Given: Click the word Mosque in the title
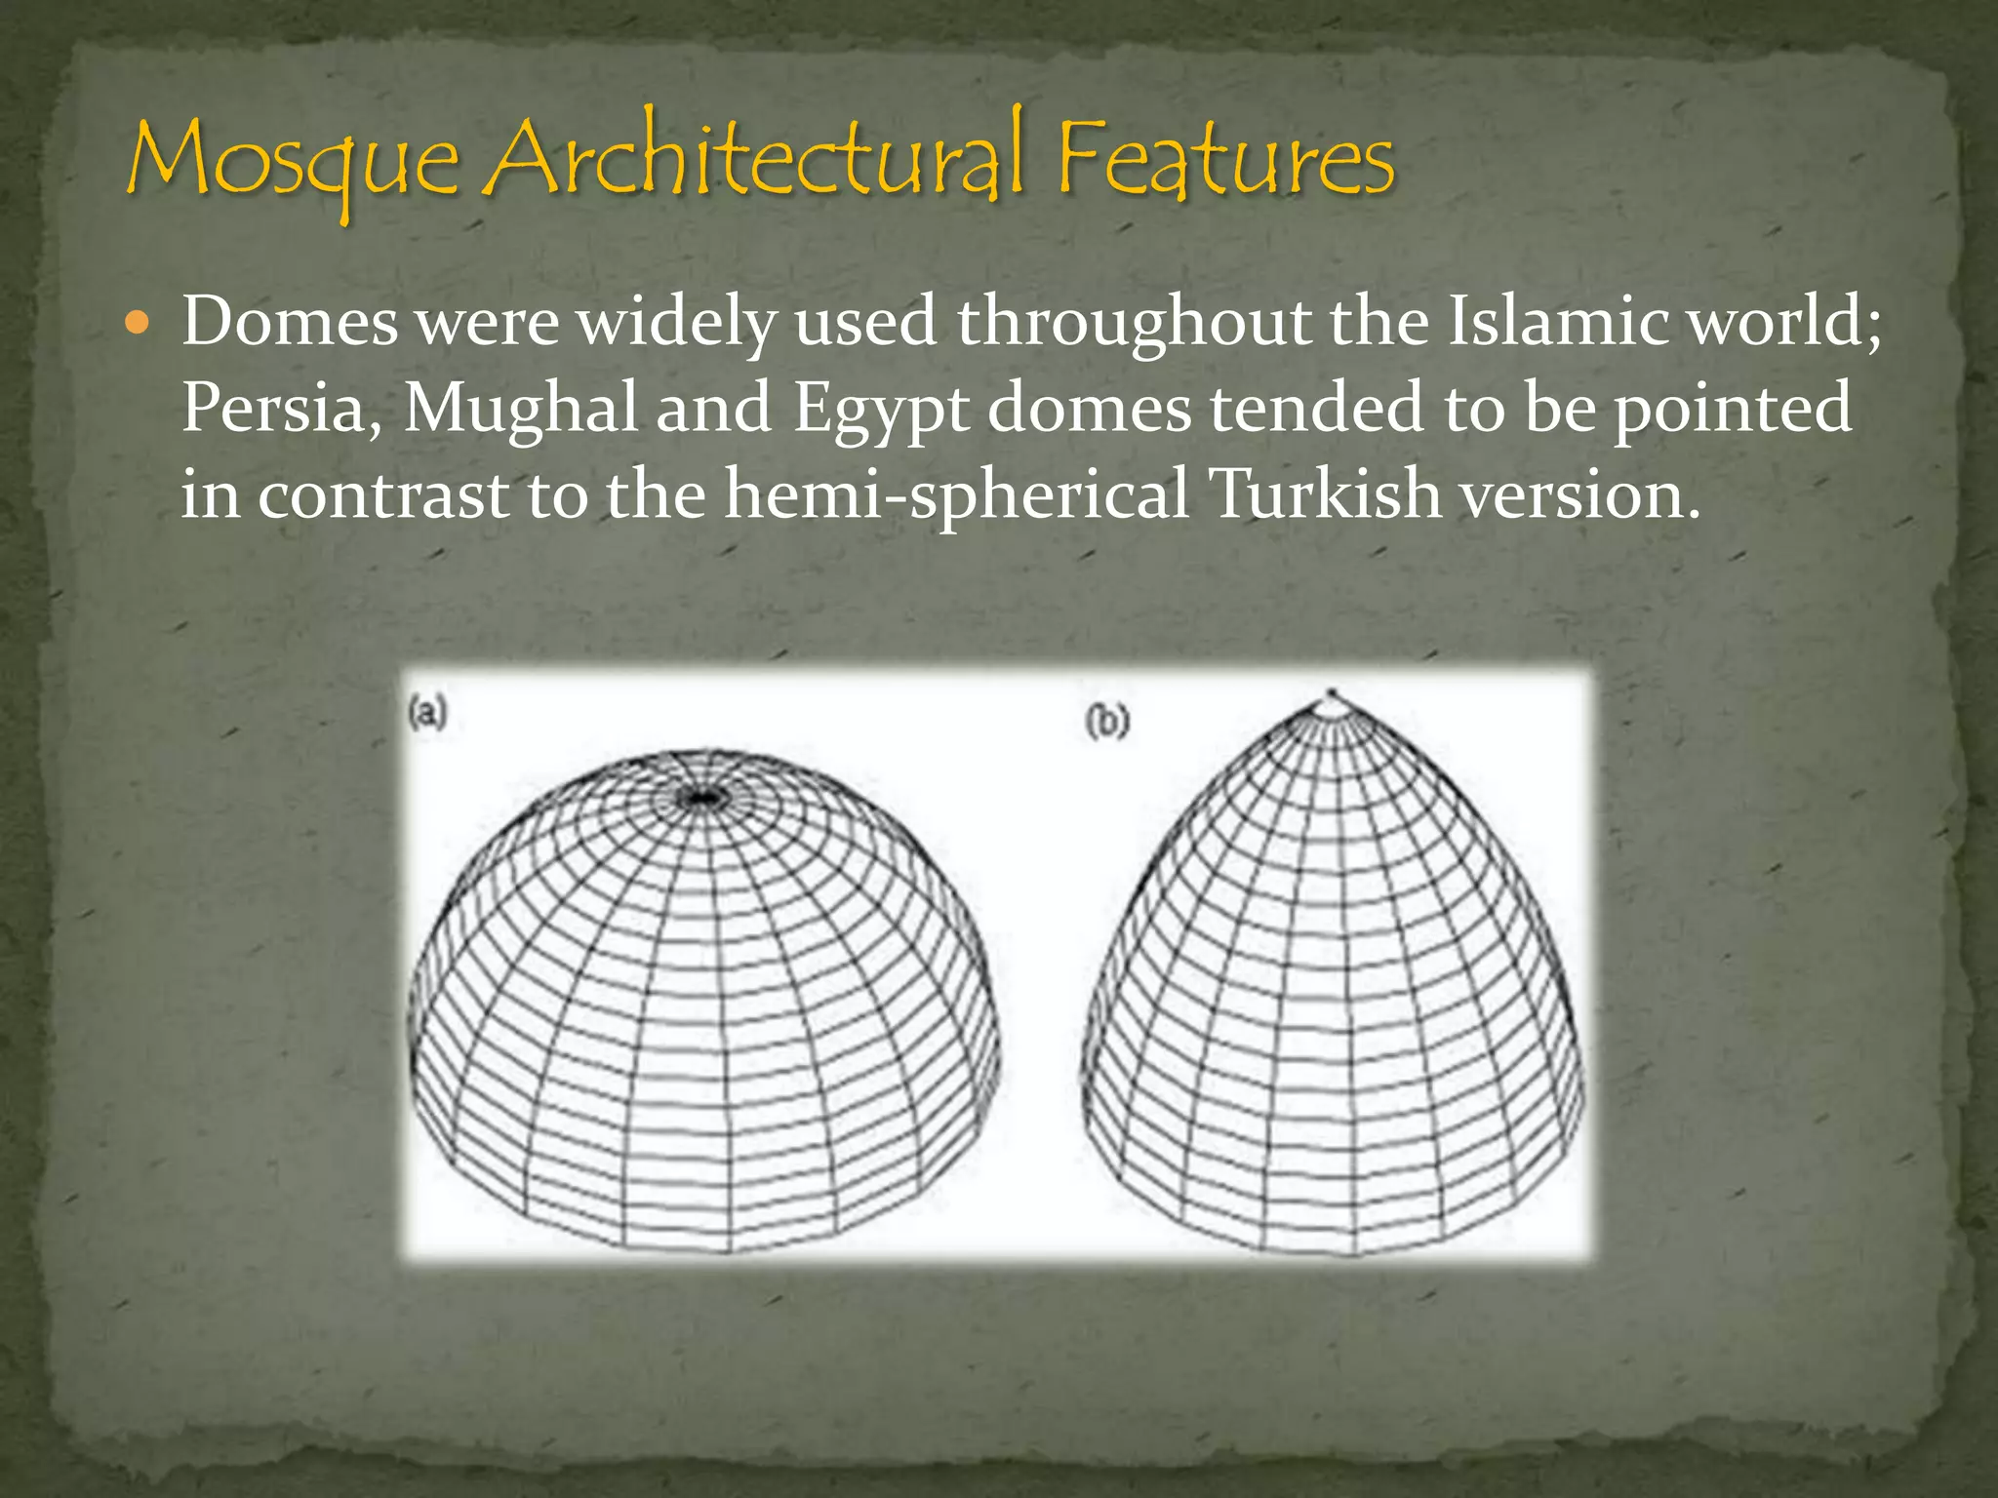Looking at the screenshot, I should tap(293, 161).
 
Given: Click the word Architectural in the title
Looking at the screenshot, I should tap(756, 156).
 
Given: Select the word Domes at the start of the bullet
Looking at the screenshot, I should tap(290, 321).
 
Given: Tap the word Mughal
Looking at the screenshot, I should tap(520, 408).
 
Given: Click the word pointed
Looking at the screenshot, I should tap(1732, 408).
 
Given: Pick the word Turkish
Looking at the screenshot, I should tap(1324, 493).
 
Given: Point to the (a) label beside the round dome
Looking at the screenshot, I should tap(427, 713).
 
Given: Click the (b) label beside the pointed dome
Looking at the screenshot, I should tap(1107, 723).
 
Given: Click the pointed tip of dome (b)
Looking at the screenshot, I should tap(1331, 695).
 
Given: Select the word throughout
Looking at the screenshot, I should tap(1134, 321).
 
